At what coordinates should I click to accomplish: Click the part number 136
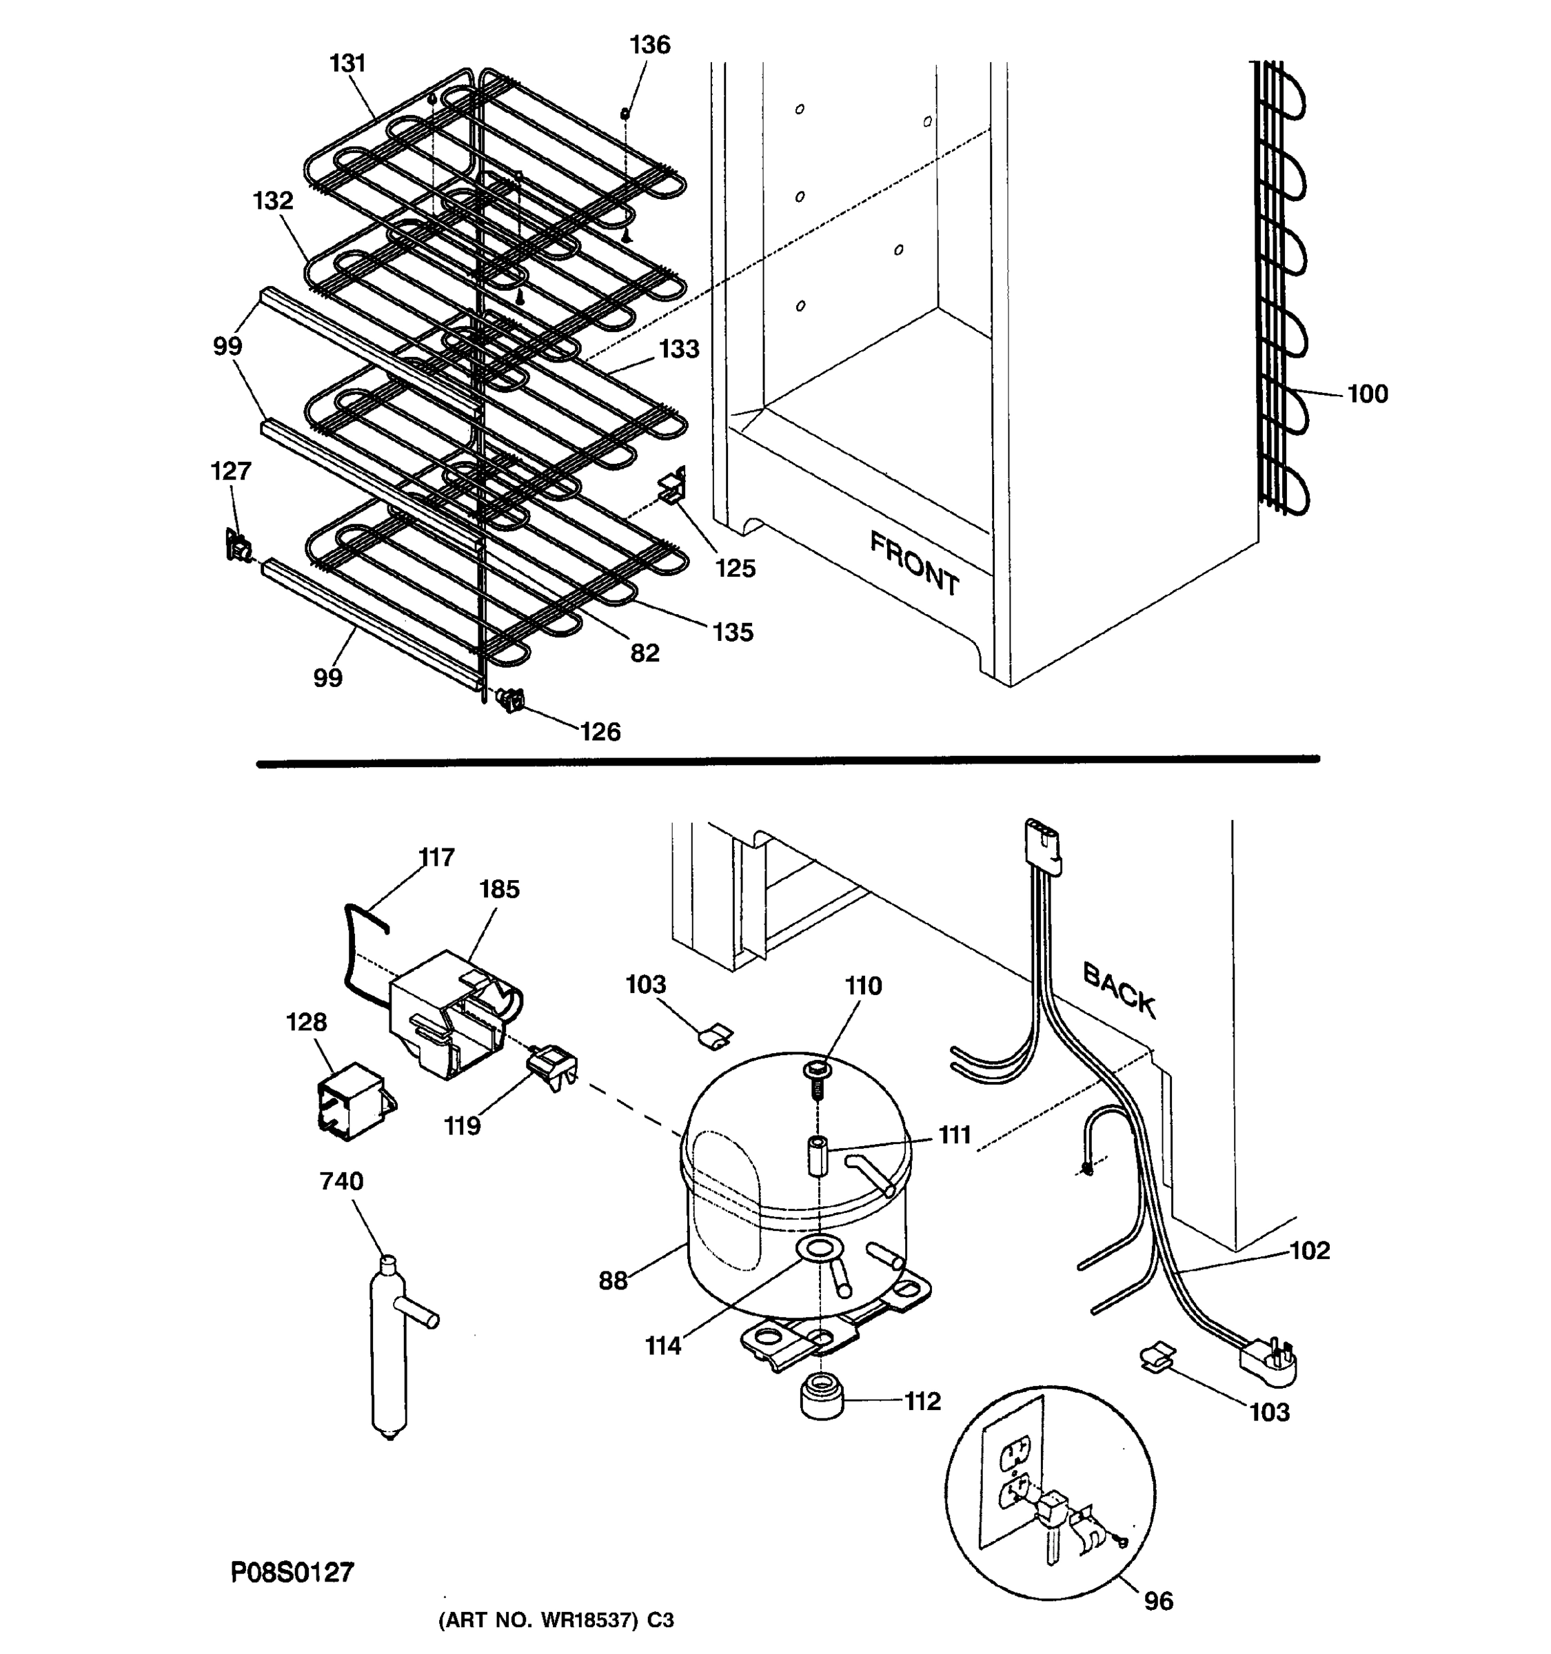649,45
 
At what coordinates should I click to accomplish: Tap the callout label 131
348,63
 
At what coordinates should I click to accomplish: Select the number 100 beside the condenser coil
1367,394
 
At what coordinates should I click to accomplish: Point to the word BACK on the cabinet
1119,990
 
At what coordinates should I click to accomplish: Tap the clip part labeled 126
511,700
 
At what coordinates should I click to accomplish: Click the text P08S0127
292,1571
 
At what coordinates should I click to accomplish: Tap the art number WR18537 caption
555,1621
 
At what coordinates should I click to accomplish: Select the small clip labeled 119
551,1068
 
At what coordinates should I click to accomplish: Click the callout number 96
1158,1600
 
